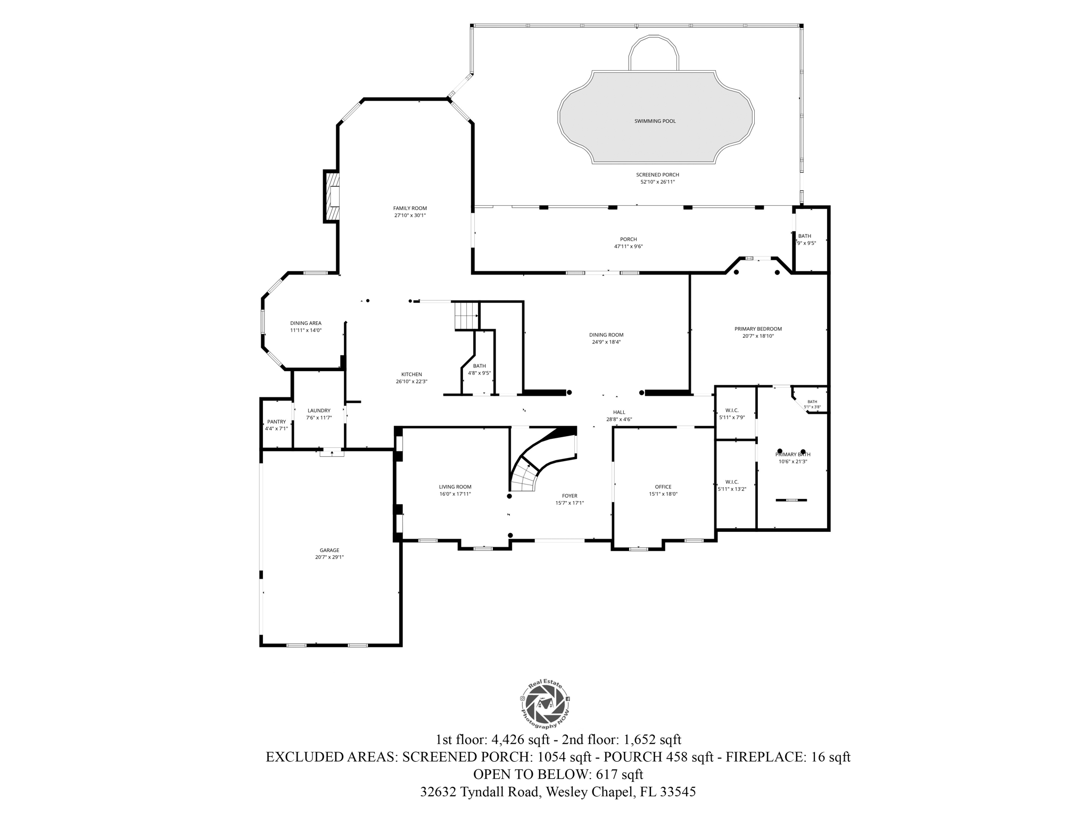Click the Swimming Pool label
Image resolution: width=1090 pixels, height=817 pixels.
click(655, 121)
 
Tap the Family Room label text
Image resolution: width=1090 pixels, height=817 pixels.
click(410, 209)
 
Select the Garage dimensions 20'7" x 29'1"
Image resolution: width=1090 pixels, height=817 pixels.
click(329, 557)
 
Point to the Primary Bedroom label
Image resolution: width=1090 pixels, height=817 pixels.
click(758, 329)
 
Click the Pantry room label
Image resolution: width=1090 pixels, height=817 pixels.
click(276, 422)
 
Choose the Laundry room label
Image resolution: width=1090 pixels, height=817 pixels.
click(319, 411)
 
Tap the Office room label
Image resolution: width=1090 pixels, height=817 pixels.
click(663, 487)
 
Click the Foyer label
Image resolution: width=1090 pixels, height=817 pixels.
click(569, 496)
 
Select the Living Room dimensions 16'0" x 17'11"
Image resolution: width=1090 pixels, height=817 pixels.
click(455, 494)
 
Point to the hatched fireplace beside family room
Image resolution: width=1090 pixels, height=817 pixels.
click(332, 196)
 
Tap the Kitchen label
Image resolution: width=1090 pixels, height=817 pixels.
click(411, 374)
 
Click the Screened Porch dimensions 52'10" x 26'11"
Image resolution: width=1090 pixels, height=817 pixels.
click(657, 182)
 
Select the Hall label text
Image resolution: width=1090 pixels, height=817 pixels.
click(619, 412)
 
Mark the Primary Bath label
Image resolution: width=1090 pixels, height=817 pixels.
click(792, 454)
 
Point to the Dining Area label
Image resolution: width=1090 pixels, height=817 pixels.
click(305, 323)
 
